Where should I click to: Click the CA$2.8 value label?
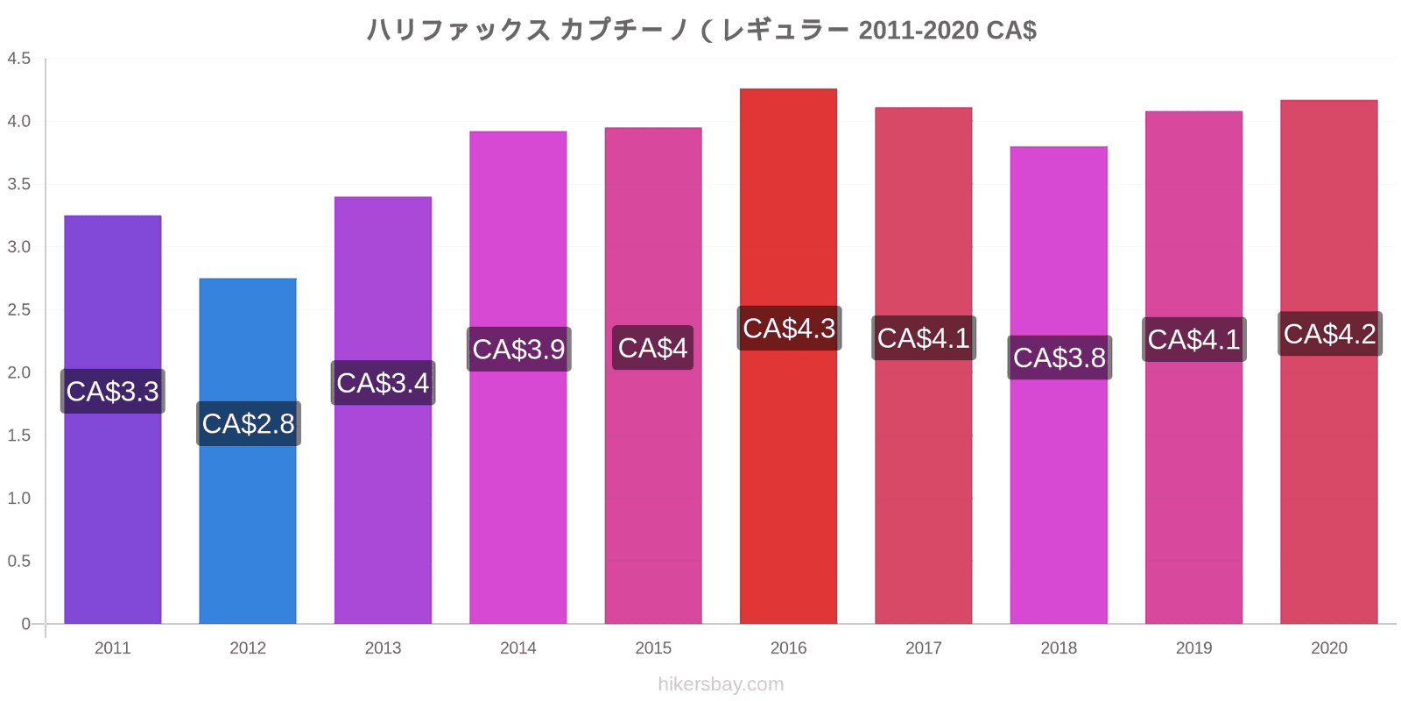click(x=249, y=424)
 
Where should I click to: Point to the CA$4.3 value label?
click(x=789, y=329)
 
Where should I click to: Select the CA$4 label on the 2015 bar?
click(x=652, y=348)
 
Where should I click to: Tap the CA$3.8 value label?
click(x=1060, y=358)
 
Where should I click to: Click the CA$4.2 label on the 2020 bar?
click(x=1329, y=334)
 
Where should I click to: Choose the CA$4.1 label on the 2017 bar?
click(x=924, y=338)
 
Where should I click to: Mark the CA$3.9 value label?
click(x=519, y=350)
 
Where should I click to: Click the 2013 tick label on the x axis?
click(x=383, y=648)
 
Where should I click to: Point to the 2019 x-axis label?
click(x=1193, y=648)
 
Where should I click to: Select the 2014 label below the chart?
click(x=518, y=648)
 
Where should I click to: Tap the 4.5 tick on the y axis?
click(x=19, y=59)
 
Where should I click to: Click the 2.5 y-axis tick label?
click(x=19, y=310)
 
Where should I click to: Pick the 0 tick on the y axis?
click(x=26, y=624)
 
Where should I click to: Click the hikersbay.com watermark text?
click(x=721, y=684)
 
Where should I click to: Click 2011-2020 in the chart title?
click(x=918, y=31)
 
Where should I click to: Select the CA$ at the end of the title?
click(x=1011, y=31)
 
